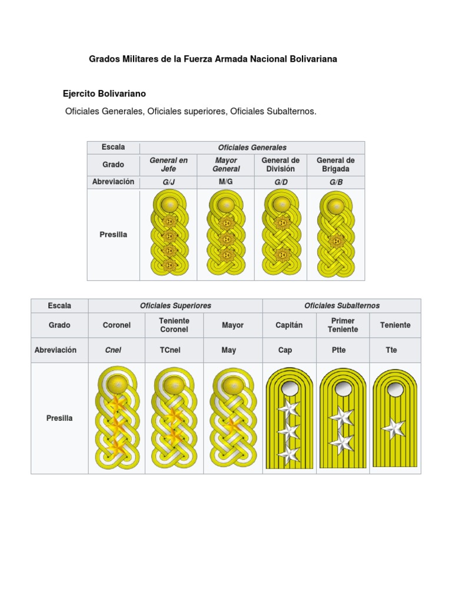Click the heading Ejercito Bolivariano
tap(104, 93)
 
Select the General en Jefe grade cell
tap(168, 164)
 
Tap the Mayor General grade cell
tap(226, 164)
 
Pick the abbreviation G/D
tap(281, 182)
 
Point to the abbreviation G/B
tap(336, 182)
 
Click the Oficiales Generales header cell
tap(252, 148)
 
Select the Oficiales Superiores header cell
tap(175, 306)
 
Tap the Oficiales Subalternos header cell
tap(341, 306)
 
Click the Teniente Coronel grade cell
tap(174, 325)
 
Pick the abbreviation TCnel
tap(174, 350)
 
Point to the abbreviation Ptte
tap(340, 350)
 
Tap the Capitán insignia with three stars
tap(288, 419)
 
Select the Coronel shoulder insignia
tap(117, 419)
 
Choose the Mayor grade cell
tap(232, 325)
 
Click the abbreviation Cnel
tap(113, 350)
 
